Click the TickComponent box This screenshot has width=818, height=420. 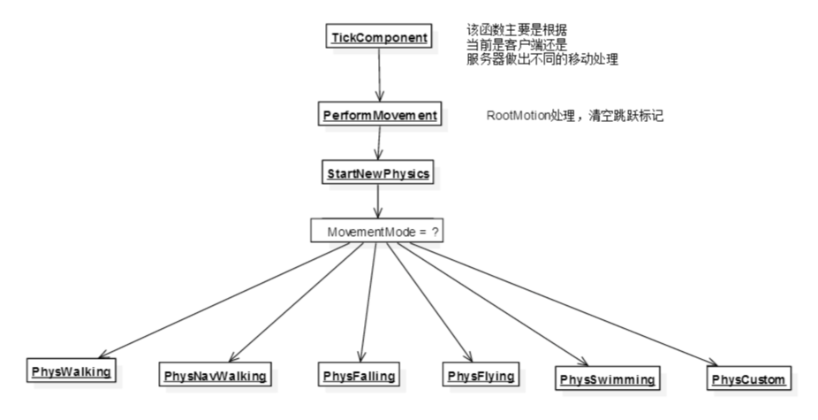[379, 38]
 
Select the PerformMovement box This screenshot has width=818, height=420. [379, 115]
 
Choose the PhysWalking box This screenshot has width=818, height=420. [72, 371]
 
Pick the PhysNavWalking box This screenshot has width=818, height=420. [216, 376]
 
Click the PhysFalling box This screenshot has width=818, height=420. [357, 375]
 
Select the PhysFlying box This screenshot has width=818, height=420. [481, 375]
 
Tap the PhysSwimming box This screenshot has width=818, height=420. [608, 379]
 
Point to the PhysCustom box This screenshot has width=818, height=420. [747, 379]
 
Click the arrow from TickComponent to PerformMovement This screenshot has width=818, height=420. [379, 75]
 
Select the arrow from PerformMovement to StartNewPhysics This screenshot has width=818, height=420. [379, 143]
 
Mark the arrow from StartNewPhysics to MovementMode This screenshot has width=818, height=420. [379, 201]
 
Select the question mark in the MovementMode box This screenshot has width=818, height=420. [436, 232]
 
